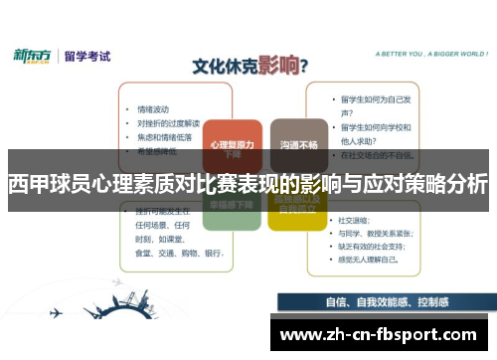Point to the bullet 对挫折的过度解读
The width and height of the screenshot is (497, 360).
168,123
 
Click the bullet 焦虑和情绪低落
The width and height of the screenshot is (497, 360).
164,136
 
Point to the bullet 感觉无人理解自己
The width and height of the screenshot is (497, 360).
370,260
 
